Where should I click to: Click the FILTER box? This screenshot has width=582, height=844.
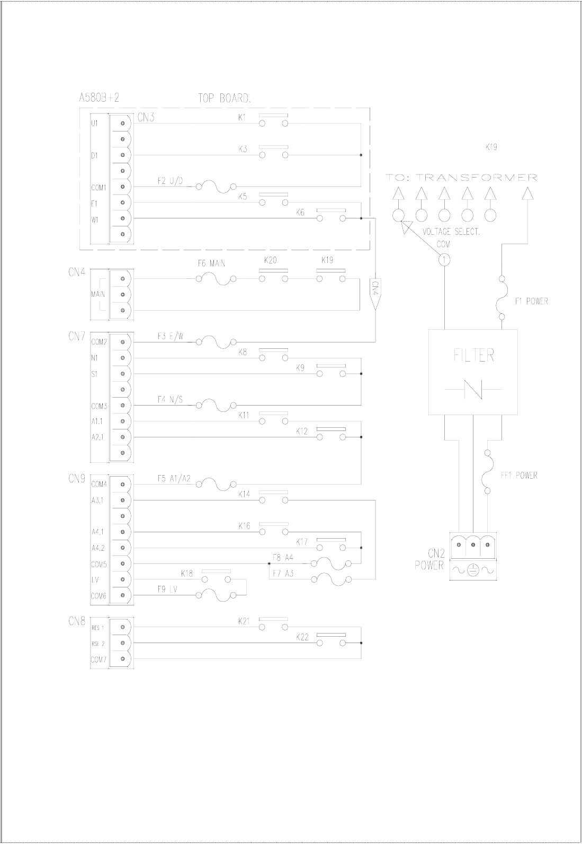coord(473,371)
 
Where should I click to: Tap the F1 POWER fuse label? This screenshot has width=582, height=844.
coord(531,301)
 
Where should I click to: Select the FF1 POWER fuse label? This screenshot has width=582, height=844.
coord(519,475)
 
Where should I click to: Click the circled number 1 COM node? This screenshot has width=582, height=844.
coord(445,259)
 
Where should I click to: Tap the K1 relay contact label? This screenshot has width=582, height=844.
coord(243,118)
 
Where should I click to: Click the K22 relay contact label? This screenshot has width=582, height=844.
coord(302,637)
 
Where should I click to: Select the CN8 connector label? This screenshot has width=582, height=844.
coord(77,622)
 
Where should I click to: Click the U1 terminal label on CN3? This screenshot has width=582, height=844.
coord(95,123)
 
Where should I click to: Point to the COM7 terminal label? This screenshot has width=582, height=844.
coord(99,659)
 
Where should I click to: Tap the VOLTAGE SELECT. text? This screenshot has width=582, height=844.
coord(451,232)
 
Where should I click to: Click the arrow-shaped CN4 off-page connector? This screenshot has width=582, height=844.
coord(375,294)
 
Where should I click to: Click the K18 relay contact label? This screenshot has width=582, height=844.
coord(187,573)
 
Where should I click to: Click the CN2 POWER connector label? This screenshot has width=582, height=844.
coord(429,560)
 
